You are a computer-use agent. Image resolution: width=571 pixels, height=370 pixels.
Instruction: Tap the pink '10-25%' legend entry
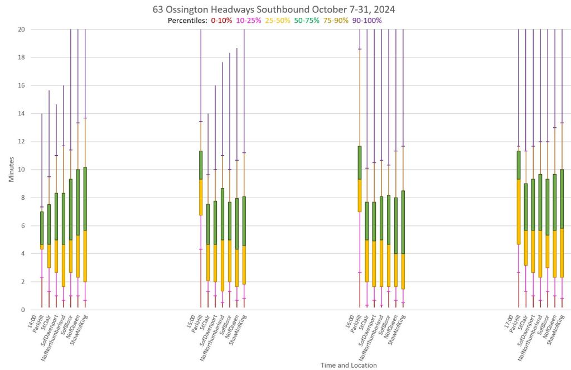[249, 21]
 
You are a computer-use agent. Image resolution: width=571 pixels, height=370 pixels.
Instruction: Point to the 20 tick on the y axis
[22, 29]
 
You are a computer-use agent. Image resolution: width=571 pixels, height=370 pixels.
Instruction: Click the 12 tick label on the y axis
[22, 141]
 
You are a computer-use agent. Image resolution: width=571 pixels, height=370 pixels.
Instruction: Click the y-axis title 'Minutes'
[11, 169]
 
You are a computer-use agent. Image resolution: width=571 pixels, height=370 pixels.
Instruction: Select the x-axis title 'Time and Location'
[349, 365]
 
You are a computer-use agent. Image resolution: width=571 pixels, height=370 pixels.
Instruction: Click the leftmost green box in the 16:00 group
[360, 162]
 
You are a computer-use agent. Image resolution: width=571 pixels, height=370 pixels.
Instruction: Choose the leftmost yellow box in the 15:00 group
[201, 197]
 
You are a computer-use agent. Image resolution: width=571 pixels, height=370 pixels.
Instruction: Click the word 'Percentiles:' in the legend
[187, 21]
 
